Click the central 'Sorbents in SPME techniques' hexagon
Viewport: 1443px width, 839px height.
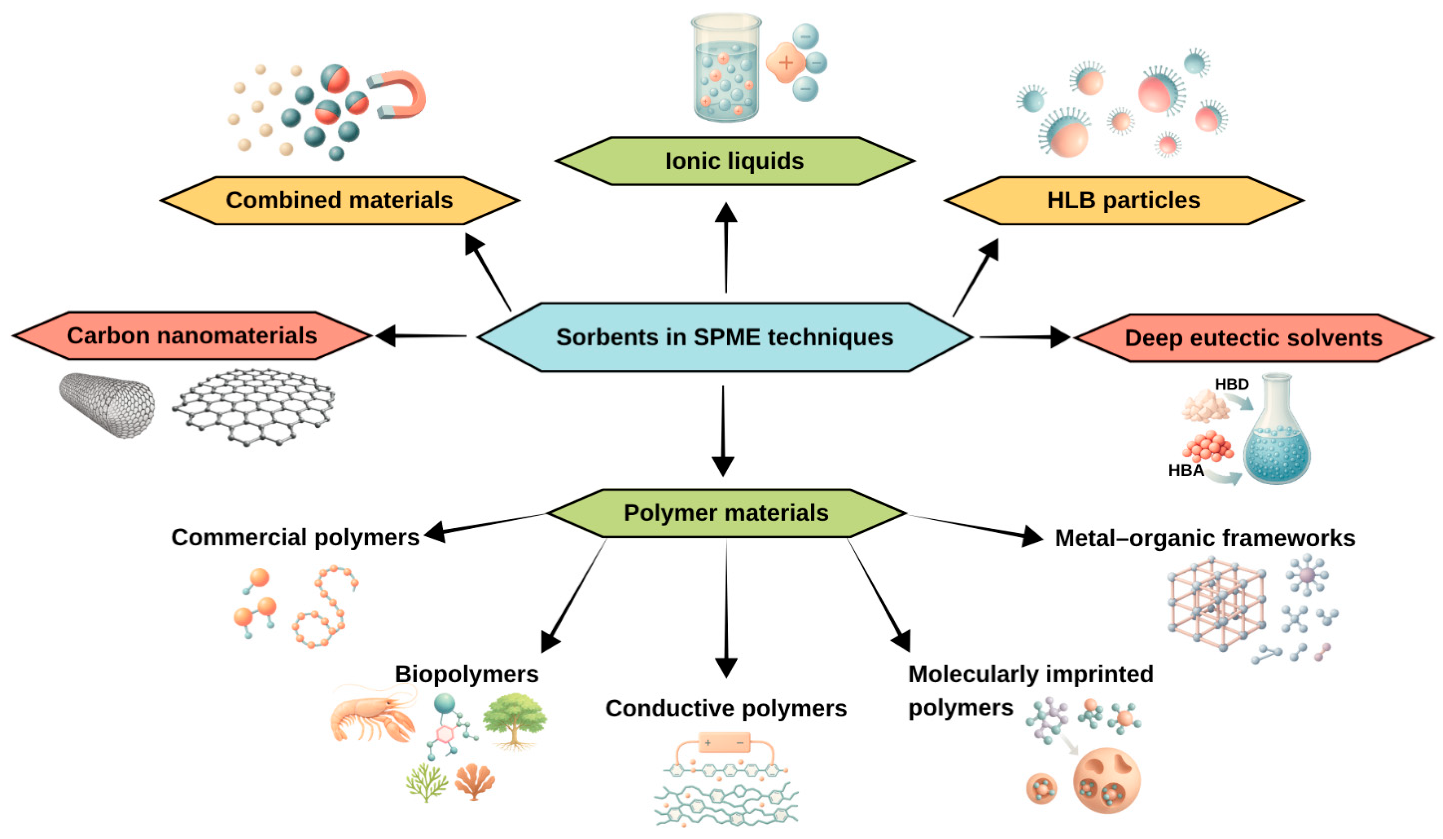[x=724, y=337]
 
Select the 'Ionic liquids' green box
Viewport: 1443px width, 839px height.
[x=735, y=161]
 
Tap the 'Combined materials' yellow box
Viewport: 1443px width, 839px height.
[x=340, y=200]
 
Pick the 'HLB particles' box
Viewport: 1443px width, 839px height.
[x=1124, y=200]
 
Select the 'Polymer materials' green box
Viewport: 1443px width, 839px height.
[x=726, y=513]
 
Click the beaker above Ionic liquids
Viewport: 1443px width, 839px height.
[x=726, y=67]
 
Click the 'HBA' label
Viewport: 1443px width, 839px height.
[x=1186, y=470]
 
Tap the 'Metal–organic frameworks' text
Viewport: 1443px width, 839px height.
[x=1205, y=538]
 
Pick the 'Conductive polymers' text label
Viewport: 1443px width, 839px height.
[x=726, y=709]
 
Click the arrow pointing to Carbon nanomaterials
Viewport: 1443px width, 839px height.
[x=421, y=336]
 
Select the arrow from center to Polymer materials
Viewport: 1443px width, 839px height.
[x=723, y=431]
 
